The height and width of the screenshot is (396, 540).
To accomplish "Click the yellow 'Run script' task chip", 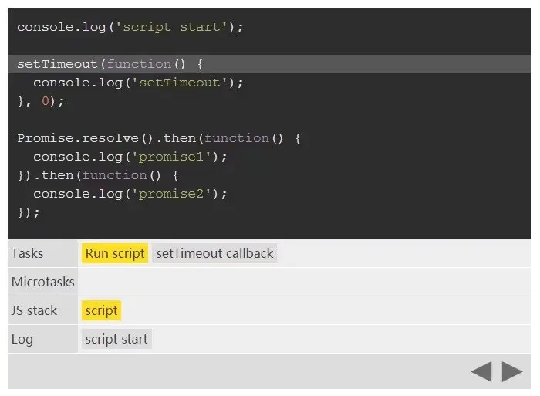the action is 115,253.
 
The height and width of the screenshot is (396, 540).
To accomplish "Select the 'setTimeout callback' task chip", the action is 214,253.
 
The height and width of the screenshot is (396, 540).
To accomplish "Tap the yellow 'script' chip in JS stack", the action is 101,310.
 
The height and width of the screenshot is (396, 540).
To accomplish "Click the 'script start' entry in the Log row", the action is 116,339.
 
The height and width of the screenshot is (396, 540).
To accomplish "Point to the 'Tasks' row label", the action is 28,253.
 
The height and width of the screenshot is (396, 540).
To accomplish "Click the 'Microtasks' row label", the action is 43,282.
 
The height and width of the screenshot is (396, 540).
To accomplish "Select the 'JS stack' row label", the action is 34,310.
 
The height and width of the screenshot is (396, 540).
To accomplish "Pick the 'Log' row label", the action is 22,339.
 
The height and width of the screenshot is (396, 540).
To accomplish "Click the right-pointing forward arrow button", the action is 511,372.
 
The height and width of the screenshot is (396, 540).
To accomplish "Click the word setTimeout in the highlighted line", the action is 58,64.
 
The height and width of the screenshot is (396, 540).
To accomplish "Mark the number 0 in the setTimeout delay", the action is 46,101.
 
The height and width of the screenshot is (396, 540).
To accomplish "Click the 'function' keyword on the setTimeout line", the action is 139,64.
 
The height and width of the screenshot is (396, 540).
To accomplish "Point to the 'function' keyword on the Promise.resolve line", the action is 237,138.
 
